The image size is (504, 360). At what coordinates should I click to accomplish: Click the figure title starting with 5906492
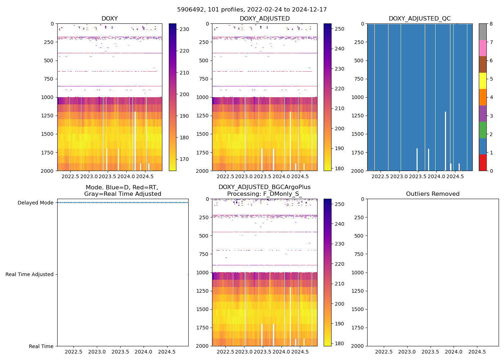tap(252, 10)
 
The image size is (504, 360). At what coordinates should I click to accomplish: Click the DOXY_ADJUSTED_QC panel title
tap(419, 19)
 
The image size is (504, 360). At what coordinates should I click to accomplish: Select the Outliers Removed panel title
tap(432, 194)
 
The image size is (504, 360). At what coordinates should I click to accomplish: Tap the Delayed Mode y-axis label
tap(35, 203)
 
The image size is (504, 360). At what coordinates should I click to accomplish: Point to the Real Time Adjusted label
tap(29, 274)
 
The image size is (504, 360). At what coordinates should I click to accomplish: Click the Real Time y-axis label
tap(41, 346)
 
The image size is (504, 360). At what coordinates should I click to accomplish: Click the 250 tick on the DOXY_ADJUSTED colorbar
tap(339, 29)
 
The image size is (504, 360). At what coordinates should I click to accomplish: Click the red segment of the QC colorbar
tap(482, 162)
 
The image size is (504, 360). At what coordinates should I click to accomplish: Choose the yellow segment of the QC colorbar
tap(482, 81)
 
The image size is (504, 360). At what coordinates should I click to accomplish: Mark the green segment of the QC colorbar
tap(482, 130)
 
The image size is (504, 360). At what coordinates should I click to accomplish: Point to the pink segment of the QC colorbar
tap(482, 48)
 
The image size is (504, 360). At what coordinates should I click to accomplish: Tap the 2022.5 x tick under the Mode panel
tap(73, 352)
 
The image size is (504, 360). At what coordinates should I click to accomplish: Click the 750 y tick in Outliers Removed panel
tap(359, 254)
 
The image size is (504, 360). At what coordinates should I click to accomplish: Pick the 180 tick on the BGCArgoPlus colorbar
tap(339, 343)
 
